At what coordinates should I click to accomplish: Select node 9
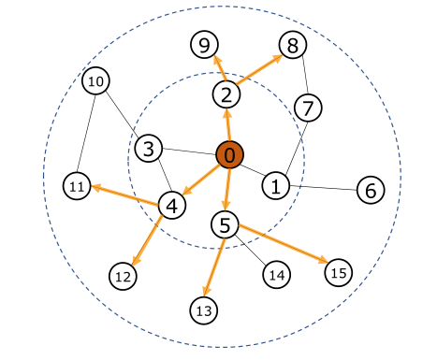(204, 43)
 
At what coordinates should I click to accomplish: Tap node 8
(292, 44)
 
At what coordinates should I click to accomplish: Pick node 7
(308, 108)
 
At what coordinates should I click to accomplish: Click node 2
(226, 94)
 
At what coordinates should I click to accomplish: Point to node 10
(95, 82)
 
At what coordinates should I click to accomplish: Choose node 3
(148, 148)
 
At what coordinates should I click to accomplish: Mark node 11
(78, 187)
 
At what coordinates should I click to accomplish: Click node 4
(170, 205)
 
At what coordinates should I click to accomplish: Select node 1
(275, 185)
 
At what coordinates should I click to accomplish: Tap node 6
(371, 191)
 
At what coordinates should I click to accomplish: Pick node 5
(226, 224)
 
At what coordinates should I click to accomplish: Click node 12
(123, 276)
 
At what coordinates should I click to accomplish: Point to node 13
(203, 309)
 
